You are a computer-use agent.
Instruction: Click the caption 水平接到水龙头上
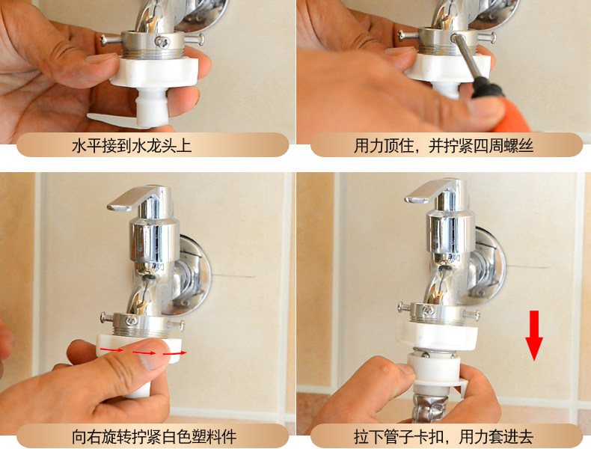pyautogui.click(x=132, y=146)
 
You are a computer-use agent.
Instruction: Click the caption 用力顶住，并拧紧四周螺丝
pyautogui.click(x=444, y=146)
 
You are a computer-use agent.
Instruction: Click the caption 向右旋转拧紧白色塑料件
pyautogui.click(x=154, y=436)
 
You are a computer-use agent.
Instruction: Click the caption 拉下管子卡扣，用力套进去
pyautogui.click(x=444, y=436)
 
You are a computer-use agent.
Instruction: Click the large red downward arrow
pyautogui.click(x=534, y=335)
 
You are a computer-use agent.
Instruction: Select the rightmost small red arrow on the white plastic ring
pyautogui.click(x=174, y=353)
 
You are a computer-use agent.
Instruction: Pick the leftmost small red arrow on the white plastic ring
pyautogui.click(x=111, y=350)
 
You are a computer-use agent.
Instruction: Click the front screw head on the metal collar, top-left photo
pyautogui.click(x=162, y=41)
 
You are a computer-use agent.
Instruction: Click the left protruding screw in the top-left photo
pyautogui.click(x=111, y=39)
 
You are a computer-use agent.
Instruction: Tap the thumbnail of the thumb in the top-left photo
pyautogui.click(x=100, y=58)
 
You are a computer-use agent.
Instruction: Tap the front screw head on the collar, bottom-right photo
pyautogui.click(x=427, y=311)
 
